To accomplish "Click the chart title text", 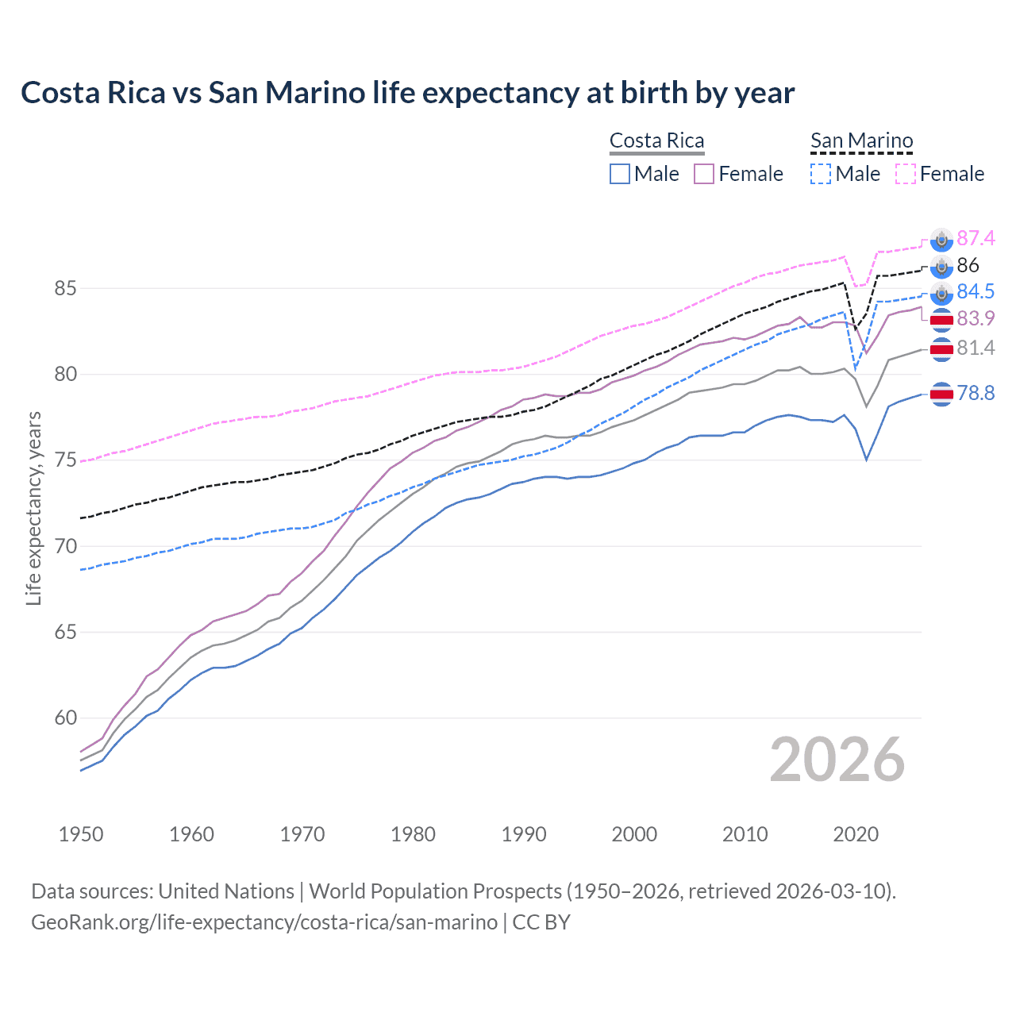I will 407,93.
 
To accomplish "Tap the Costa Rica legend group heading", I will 656,140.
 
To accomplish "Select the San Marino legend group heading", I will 861,140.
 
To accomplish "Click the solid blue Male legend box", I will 620,174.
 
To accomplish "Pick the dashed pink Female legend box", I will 906,174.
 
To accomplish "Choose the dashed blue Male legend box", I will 821,174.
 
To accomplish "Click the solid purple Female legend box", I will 704,174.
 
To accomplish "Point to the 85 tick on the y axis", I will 65,288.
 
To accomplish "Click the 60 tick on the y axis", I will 65,718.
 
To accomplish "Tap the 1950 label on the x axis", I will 81,834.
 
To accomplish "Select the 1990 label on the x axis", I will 524,834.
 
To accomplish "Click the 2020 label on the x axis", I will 856,834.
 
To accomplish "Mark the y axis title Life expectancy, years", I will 33,508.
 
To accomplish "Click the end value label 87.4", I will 976,238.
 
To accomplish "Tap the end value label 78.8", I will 976,393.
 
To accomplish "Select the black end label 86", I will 968,265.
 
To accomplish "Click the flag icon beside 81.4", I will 941,349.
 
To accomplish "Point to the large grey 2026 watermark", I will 837,760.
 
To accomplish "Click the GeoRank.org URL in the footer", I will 264,922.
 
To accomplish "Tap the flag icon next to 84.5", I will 941,293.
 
